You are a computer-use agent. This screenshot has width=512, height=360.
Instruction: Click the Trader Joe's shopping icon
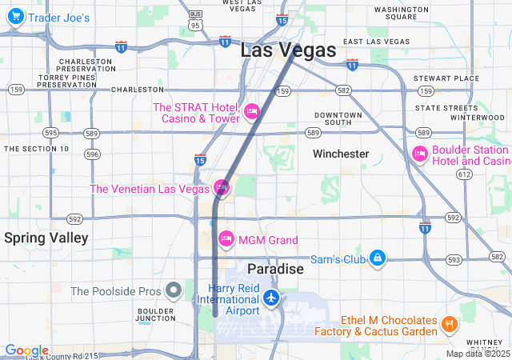[15, 18]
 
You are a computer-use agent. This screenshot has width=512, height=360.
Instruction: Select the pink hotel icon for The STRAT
[252, 111]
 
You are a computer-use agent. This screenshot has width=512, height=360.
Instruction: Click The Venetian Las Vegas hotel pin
[222, 188]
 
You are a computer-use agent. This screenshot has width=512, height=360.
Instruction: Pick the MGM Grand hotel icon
[226, 239]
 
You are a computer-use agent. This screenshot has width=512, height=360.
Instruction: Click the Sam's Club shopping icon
[378, 258]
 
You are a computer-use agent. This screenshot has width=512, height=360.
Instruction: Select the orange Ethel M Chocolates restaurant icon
[449, 325]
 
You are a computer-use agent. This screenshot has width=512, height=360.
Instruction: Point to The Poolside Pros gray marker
[174, 290]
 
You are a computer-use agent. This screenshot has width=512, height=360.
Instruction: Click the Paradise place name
[275, 269]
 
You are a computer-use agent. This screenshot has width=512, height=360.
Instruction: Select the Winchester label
[341, 154]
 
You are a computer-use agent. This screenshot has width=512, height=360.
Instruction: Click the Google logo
[26, 350]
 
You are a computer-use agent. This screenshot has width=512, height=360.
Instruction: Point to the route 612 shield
[463, 173]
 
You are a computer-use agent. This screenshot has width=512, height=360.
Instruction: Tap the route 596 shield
[93, 154]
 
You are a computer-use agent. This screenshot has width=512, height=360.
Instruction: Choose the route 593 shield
[454, 259]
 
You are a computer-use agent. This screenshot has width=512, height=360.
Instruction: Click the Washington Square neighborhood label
[401, 13]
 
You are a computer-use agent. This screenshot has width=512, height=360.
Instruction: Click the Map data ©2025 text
[477, 354]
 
